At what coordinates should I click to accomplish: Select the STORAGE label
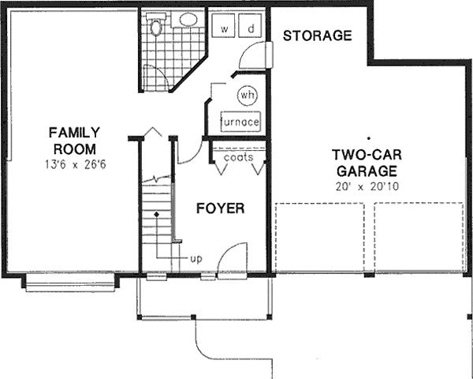(x=316, y=36)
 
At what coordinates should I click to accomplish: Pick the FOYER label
(x=220, y=209)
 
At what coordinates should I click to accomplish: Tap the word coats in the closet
(x=238, y=157)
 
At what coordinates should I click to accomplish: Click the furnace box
(x=240, y=122)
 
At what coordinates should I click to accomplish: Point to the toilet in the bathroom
(x=155, y=26)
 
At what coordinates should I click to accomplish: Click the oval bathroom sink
(x=188, y=19)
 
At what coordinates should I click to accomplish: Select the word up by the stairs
(x=196, y=257)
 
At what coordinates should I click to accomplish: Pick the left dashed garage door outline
(x=322, y=237)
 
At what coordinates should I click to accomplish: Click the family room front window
(x=71, y=282)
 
